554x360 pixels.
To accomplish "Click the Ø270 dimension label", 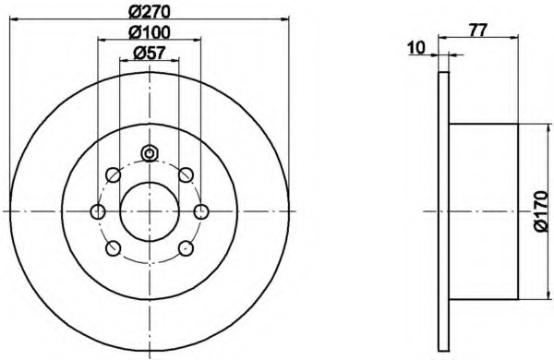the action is coord(150,12).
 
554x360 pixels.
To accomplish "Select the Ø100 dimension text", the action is coord(150,32).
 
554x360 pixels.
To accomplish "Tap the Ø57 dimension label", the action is coord(150,54).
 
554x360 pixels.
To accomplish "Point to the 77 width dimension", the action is coord(478,30).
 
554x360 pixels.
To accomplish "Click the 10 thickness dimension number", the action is coord(416,48).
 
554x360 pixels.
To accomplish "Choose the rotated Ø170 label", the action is coord(540,211).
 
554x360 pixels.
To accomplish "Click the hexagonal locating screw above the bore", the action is coord(150,153).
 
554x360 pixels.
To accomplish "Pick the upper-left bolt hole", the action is coord(114,174).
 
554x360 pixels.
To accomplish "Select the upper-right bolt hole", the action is coord(186,174).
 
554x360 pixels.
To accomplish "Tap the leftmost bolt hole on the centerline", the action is coord(98,211).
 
